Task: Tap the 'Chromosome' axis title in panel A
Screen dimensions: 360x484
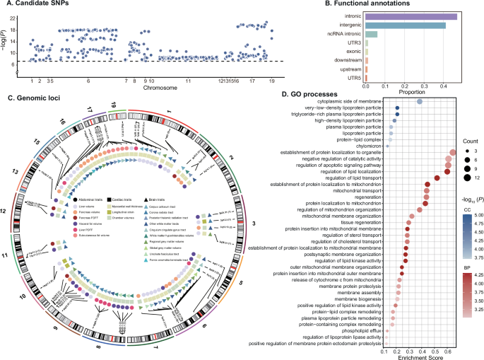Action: [x=150, y=90]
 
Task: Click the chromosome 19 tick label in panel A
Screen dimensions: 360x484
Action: [x=271, y=81]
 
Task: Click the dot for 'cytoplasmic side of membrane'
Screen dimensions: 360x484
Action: [x=419, y=102]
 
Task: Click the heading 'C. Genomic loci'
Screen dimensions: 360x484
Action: [x=33, y=96]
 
